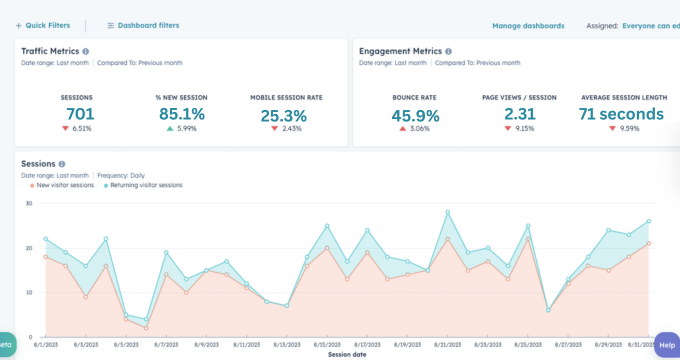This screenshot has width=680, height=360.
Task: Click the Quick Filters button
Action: point(44,25)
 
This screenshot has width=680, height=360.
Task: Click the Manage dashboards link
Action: point(528,25)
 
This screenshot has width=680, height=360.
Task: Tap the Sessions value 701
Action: point(80,114)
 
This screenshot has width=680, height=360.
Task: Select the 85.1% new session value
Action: point(182,114)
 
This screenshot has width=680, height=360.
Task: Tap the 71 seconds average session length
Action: point(621,114)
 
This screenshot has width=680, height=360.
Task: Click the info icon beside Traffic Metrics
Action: point(86,50)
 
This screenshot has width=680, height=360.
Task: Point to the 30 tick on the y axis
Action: point(29,203)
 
